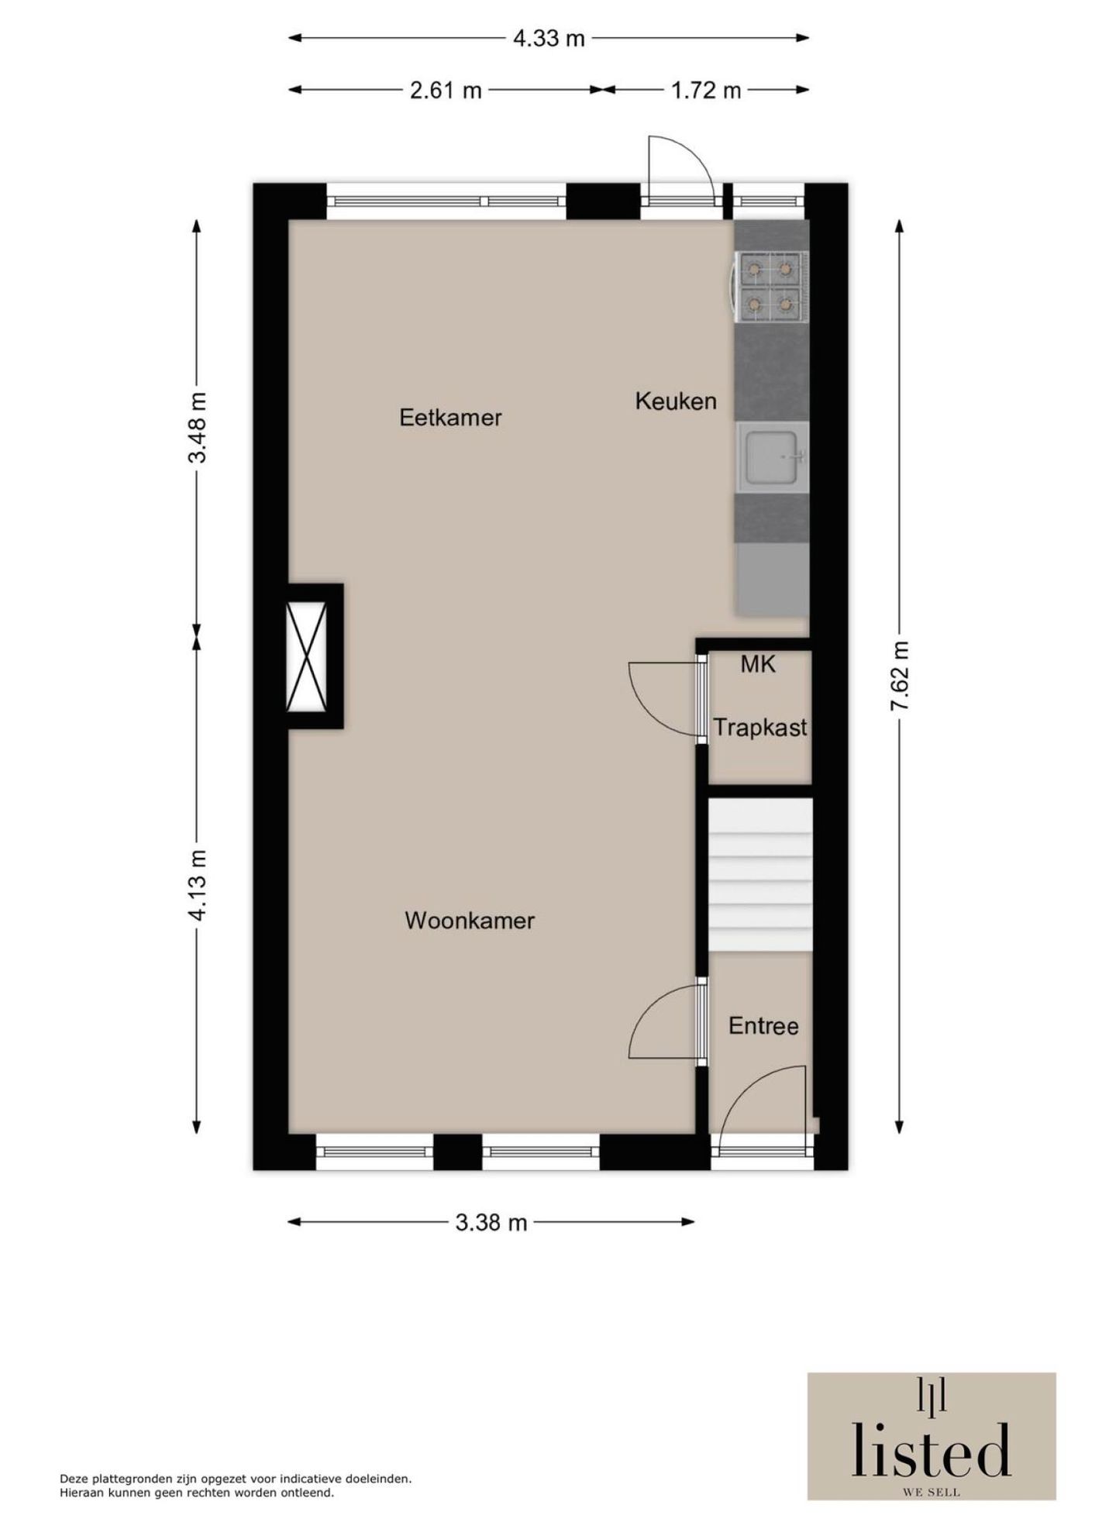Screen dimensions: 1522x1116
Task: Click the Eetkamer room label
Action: click(450, 418)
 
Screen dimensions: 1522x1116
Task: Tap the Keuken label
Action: click(675, 401)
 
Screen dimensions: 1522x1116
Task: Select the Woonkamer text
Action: click(470, 921)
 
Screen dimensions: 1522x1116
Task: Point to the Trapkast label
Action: click(759, 728)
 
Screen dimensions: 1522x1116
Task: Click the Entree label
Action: click(763, 1026)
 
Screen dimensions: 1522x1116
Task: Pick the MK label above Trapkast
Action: click(757, 664)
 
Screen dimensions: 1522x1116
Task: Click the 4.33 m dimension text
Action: click(549, 38)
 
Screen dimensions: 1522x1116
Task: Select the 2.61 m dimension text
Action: click(446, 90)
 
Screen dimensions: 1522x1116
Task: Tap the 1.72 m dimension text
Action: click(705, 90)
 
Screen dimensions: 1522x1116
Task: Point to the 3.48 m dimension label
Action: click(198, 427)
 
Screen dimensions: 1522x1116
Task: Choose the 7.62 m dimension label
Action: click(899, 675)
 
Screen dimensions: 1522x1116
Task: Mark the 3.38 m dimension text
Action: click(491, 1222)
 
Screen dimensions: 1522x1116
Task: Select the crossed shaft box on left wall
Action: click(307, 656)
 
